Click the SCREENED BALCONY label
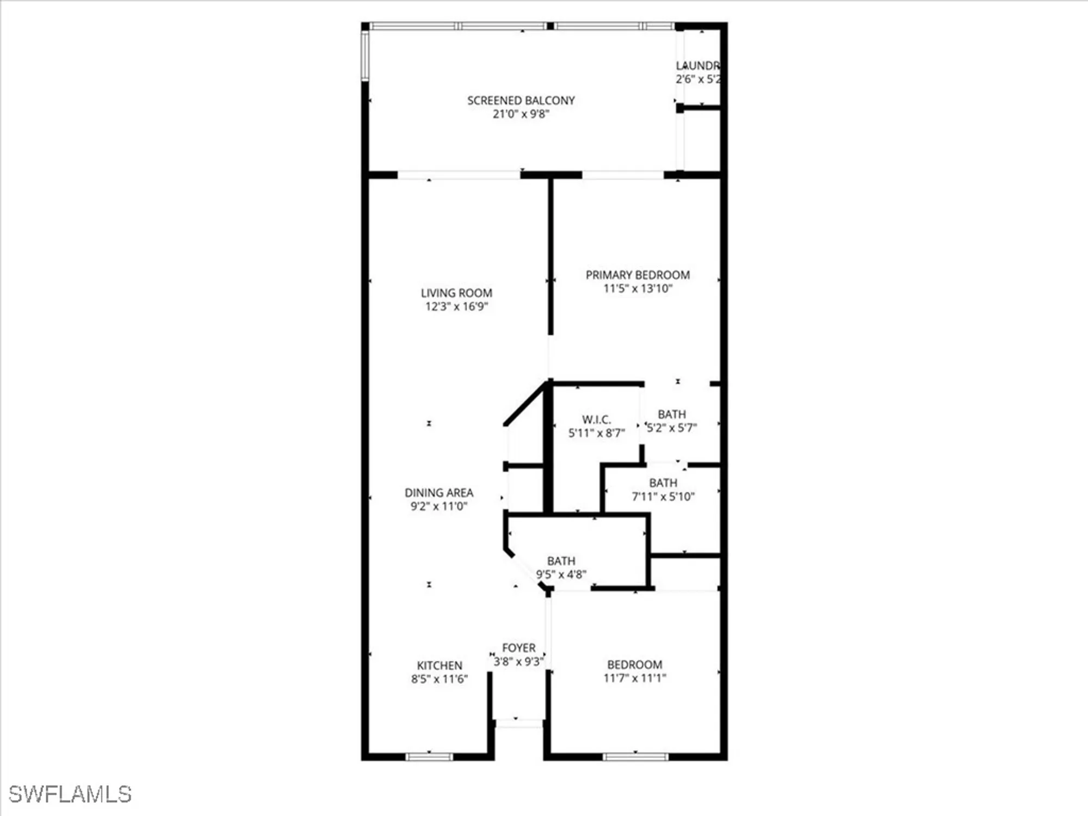point(521,101)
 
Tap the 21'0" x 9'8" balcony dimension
point(521,114)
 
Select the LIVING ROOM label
point(456,293)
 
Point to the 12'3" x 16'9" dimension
point(456,306)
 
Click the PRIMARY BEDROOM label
point(638,275)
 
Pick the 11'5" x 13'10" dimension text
point(638,289)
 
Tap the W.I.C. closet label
point(596,420)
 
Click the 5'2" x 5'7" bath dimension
point(671,428)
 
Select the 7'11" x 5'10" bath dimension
point(663,497)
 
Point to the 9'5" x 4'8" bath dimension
point(561,574)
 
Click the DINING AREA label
point(439,493)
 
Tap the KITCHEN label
point(440,666)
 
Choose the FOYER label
point(518,648)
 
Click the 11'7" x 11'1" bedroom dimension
point(634,678)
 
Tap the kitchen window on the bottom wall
point(429,756)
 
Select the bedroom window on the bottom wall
point(635,756)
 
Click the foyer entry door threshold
point(519,723)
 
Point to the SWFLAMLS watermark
point(70,794)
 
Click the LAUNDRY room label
point(698,66)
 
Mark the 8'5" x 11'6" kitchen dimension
point(440,679)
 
